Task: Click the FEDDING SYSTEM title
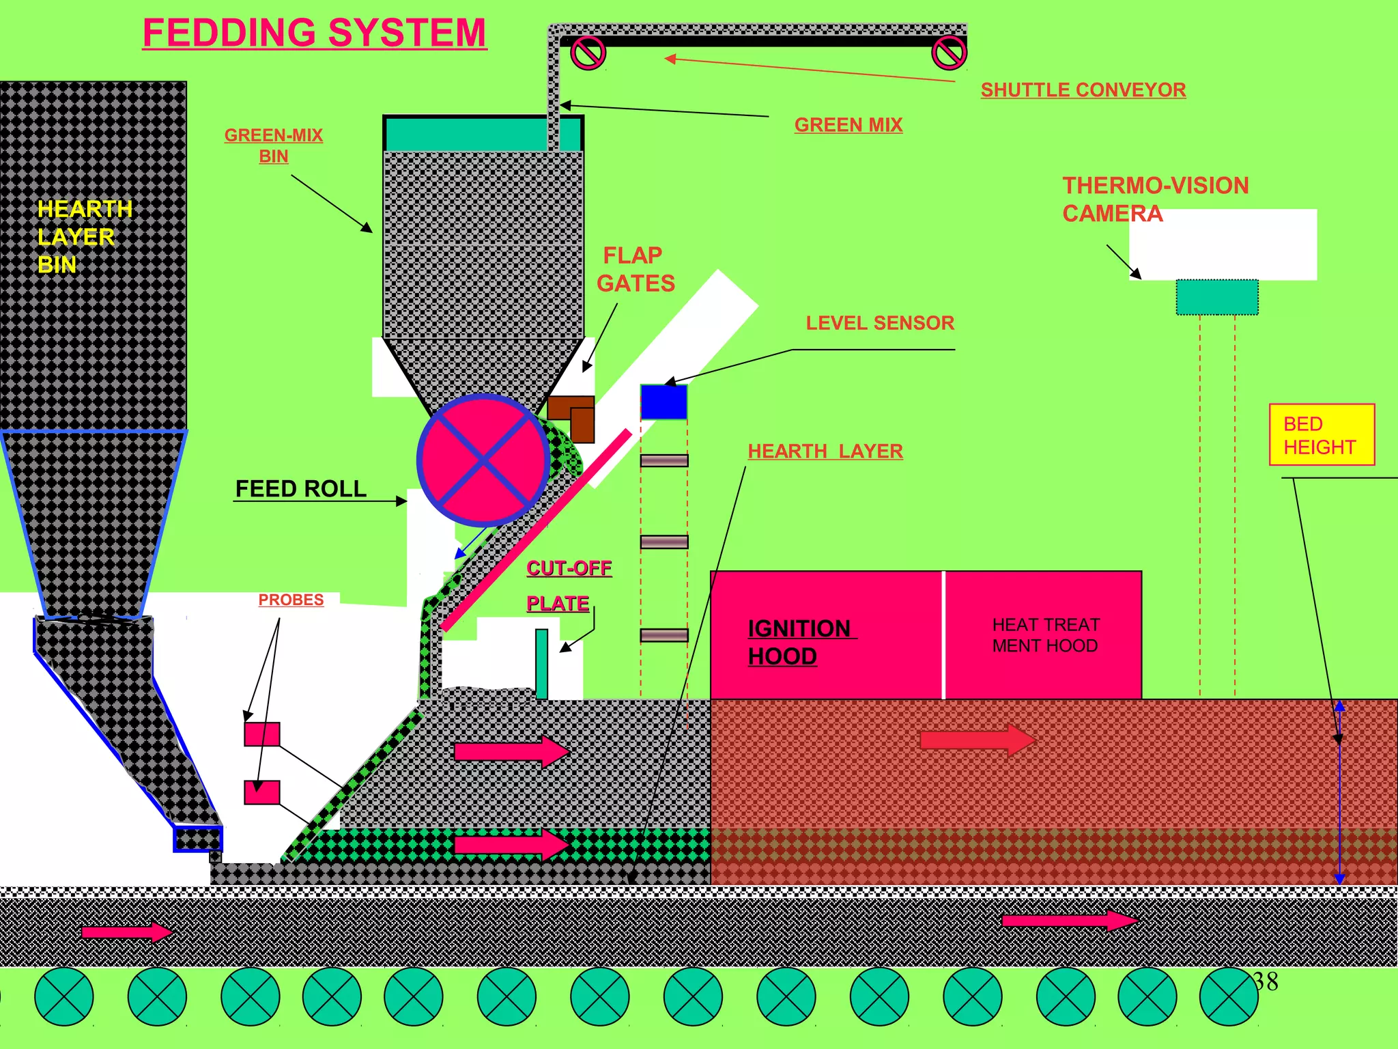[x=315, y=33]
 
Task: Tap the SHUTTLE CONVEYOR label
[x=1083, y=89]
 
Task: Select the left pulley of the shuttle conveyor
[x=588, y=53]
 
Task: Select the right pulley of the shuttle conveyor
[x=949, y=53]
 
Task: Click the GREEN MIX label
[x=848, y=125]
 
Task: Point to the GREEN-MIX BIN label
[x=273, y=145]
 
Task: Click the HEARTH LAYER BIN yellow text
[x=83, y=236]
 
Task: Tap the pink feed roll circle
[x=483, y=460]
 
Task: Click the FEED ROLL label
[x=300, y=489]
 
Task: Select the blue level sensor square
[x=664, y=402]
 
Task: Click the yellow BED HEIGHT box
[x=1322, y=435]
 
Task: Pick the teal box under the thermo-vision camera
[x=1216, y=297]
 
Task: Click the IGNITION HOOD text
[x=799, y=642]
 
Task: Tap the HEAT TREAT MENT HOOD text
[x=1045, y=635]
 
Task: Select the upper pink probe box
[x=262, y=734]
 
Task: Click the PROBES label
[x=291, y=600]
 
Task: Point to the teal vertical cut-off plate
[x=541, y=663]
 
